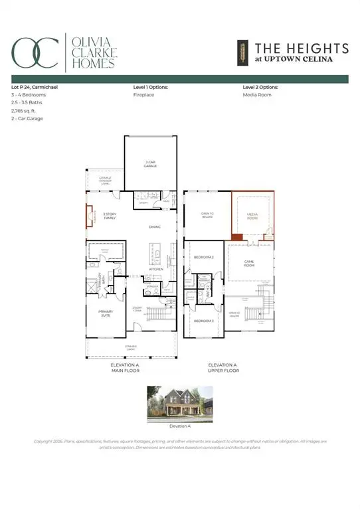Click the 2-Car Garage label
coord(150,163)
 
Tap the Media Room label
coord(252,216)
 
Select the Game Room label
coord(250,263)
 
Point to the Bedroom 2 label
coord(203,256)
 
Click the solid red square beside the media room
coord(236,236)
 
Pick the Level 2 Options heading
coord(261,87)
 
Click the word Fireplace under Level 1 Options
coord(144,95)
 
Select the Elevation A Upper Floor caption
coord(223,369)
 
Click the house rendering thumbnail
coord(179,402)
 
